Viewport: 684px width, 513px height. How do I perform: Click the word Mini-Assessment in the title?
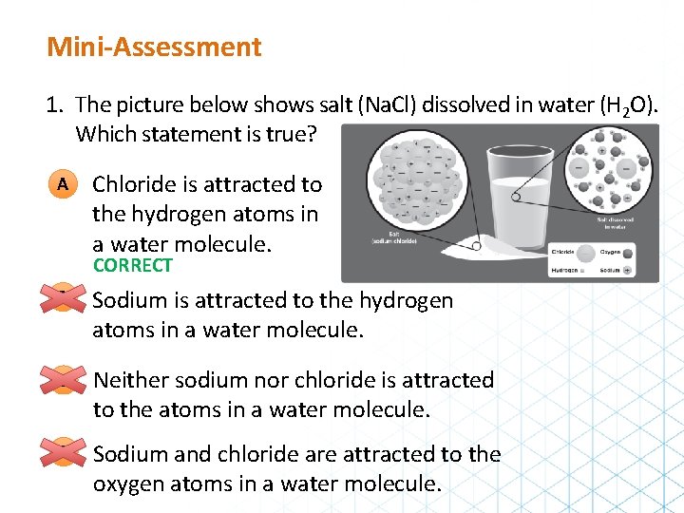click(x=154, y=47)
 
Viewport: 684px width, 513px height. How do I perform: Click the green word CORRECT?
click(x=132, y=266)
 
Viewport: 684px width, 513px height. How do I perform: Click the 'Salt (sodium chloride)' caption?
click(x=398, y=238)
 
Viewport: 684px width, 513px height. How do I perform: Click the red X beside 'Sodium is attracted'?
click(x=61, y=301)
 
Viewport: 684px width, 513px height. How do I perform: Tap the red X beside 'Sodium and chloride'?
click(x=61, y=455)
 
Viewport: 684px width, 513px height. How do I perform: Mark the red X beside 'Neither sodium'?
click(x=61, y=380)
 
